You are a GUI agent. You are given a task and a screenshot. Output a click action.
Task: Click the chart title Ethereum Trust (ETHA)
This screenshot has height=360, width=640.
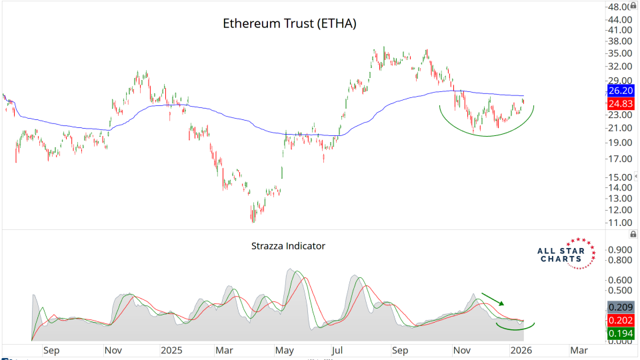tap(289, 24)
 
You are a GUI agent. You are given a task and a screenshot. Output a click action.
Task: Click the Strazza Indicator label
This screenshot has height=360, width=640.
tap(288, 246)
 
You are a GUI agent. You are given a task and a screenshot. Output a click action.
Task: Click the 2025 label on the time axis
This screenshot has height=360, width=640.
tap(171, 349)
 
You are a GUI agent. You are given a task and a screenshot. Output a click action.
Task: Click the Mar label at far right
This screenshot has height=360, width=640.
tap(579, 349)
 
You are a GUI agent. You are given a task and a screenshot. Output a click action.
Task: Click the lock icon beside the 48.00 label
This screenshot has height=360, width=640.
tap(633, 7)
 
